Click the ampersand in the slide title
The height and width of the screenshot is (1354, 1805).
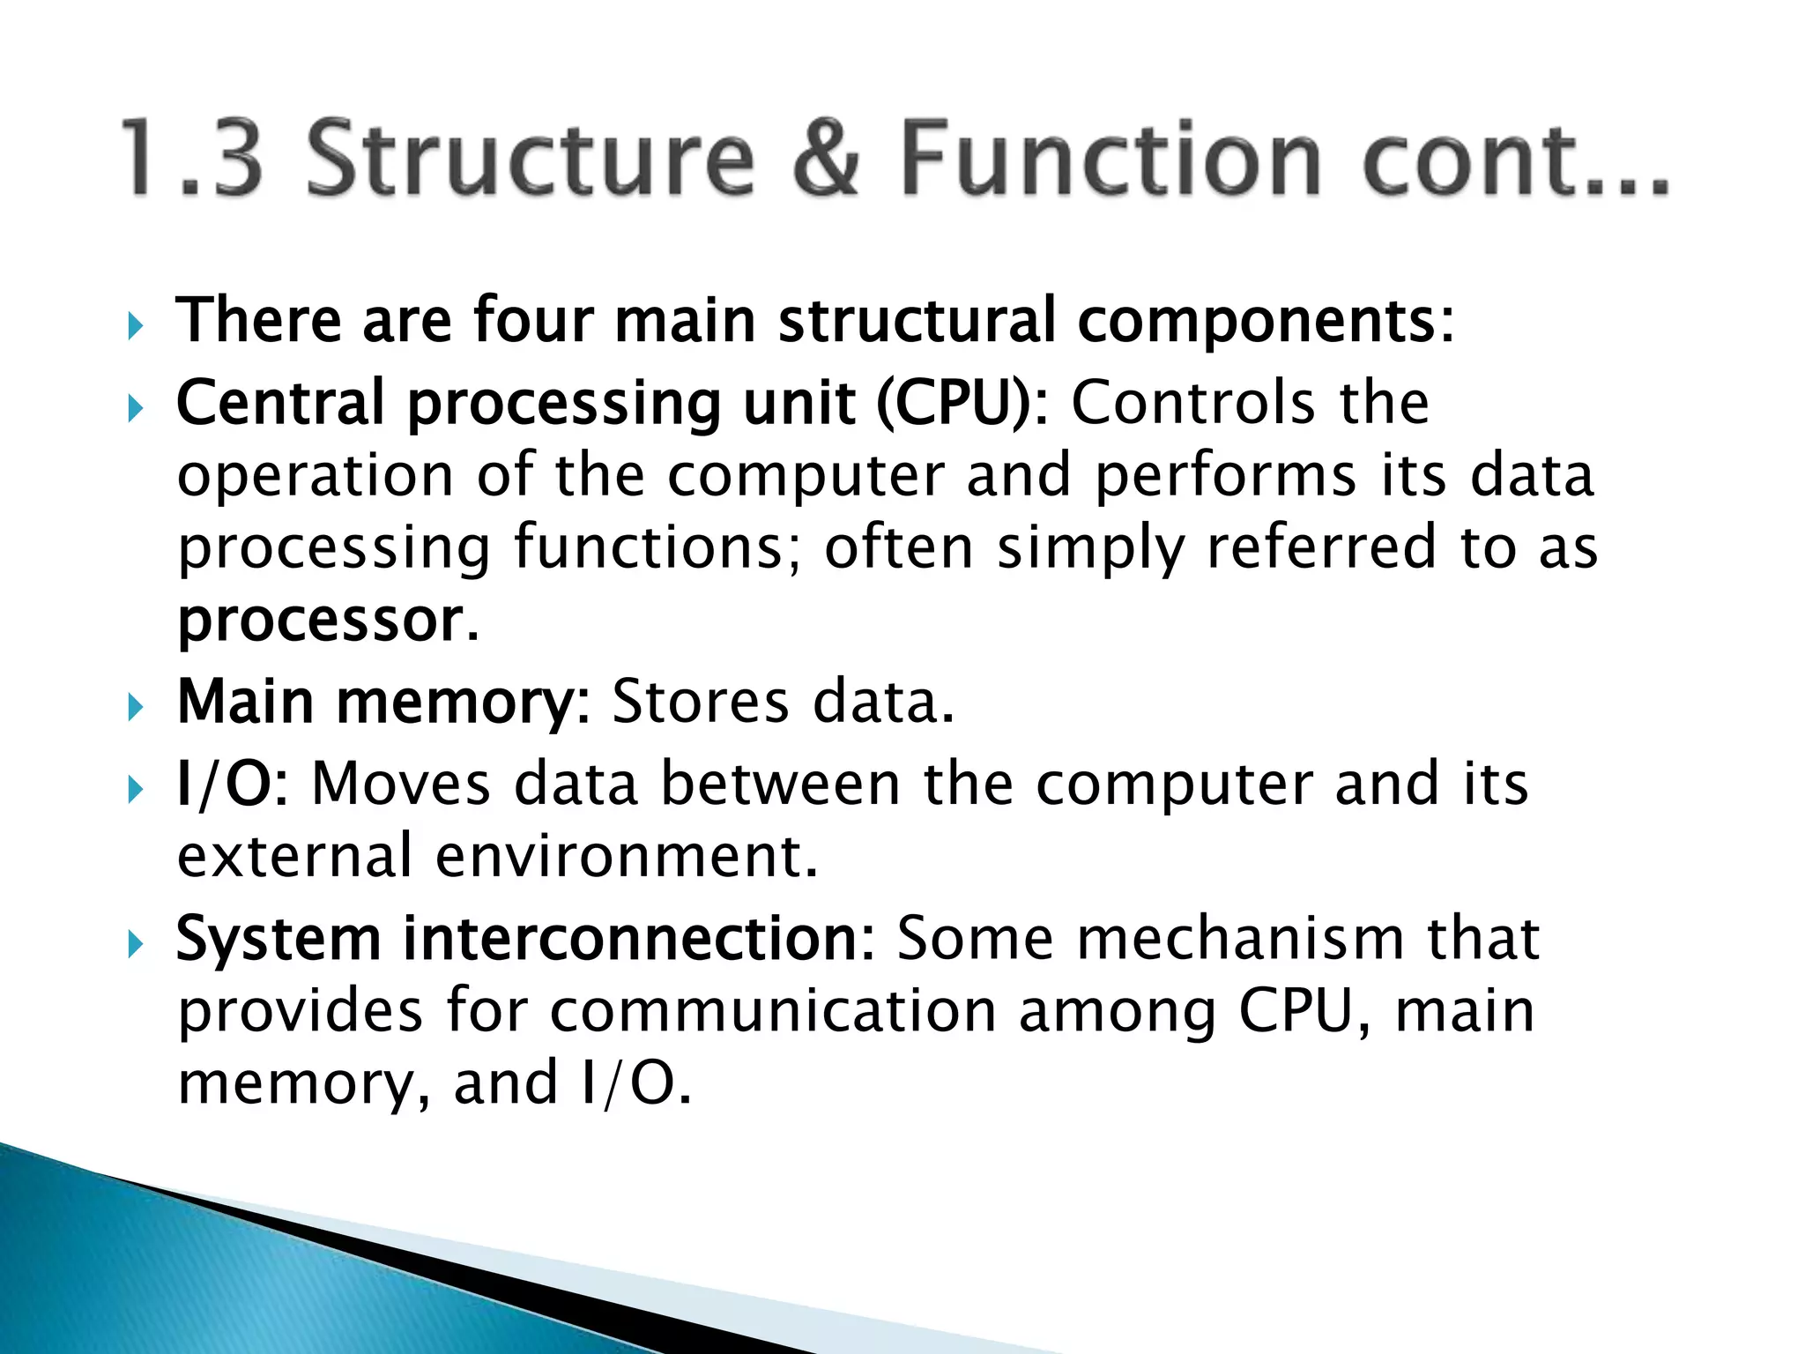tap(827, 159)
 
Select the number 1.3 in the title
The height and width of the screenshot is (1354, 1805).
tap(192, 159)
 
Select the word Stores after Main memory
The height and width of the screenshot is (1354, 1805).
tap(700, 703)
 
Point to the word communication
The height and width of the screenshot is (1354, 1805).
tap(773, 1012)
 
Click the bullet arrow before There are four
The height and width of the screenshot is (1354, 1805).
tap(134, 327)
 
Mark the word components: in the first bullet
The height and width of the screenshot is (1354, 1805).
tap(1266, 323)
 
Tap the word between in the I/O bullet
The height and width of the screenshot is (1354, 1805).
tap(780, 784)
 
